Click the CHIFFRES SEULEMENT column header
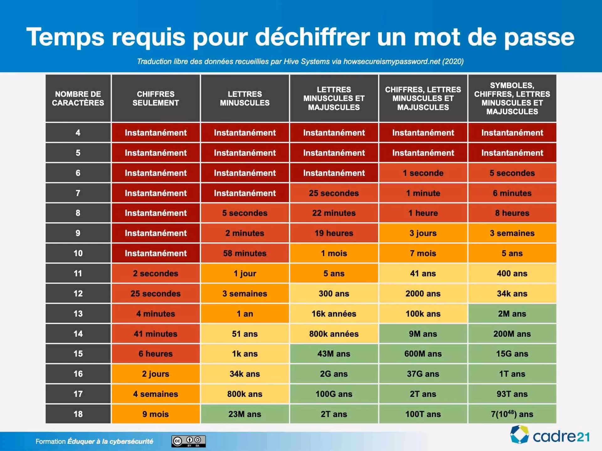point(156,98)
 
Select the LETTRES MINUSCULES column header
point(245,98)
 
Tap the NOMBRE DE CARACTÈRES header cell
point(78,98)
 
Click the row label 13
point(78,314)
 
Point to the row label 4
point(78,132)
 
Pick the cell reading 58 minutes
point(245,253)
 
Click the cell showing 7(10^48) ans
point(512,414)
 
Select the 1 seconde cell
point(423,173)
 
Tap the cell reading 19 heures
point(334,233)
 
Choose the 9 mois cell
point(156,414)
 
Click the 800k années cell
point(334,334)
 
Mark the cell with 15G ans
point(512,354)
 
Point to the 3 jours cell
point(423,233)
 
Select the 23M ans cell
point(245,414)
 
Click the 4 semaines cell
point(156,394)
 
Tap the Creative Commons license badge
point(188,441)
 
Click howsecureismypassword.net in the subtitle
point(392,61)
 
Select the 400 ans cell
point(512,273)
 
